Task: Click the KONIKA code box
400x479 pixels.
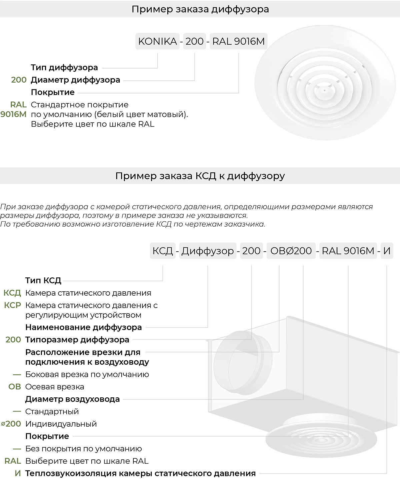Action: (x=157, y=41)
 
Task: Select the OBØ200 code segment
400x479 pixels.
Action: (x=291, y=251)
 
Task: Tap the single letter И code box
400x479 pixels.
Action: (x=387, y=251)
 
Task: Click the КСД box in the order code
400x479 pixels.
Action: (x=163, y=251)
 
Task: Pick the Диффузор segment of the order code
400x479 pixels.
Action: (x=208, y=251)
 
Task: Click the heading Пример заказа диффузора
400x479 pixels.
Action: (x=200, y=9)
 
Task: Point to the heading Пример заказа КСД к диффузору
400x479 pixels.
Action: (x=200, y=176)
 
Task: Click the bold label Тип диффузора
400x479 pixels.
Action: (x=64, y=67)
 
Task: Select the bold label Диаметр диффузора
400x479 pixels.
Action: (x=75, y=80)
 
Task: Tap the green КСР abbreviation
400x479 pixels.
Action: (x=13, y=305)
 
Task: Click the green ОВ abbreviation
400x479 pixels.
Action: (x=15, y=387)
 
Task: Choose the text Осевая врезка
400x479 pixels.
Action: (x=55, y=387)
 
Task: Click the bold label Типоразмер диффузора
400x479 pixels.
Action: (x=77, y=340)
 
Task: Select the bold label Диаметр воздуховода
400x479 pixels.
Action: (x=72, y=399)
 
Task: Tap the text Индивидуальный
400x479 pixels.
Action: (x=61, y=424)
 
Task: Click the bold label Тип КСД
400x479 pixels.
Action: (x=43, y=280)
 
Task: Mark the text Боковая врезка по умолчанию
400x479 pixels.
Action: (x=87, y=374)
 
